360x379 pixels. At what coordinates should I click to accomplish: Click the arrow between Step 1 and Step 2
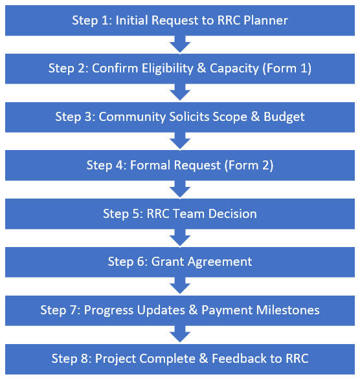[180, 45]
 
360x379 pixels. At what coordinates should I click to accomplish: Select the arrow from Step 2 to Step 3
[180, 92]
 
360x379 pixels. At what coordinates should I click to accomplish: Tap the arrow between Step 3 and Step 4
[180, 141]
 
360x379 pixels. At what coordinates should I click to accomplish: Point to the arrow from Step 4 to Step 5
[180, 189]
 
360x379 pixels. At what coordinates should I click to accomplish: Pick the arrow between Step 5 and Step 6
[180, 238]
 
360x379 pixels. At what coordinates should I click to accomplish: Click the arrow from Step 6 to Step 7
[180, 286]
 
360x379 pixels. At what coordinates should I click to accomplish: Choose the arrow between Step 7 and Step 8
[180, 334]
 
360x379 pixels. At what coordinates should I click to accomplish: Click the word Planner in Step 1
[265, 20]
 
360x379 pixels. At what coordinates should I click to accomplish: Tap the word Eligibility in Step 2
[168, 69]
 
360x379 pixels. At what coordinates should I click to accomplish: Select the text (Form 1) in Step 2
[287, 69]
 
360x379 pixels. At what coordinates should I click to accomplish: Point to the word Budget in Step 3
[284, 117]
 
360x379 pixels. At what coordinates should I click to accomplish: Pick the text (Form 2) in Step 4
[249, 166]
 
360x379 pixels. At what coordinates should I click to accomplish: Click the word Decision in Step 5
[232, 213]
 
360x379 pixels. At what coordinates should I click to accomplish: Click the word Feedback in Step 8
[240, 358]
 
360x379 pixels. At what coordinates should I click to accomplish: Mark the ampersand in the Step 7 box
[193, 310]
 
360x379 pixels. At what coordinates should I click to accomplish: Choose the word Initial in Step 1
[132, 20]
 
